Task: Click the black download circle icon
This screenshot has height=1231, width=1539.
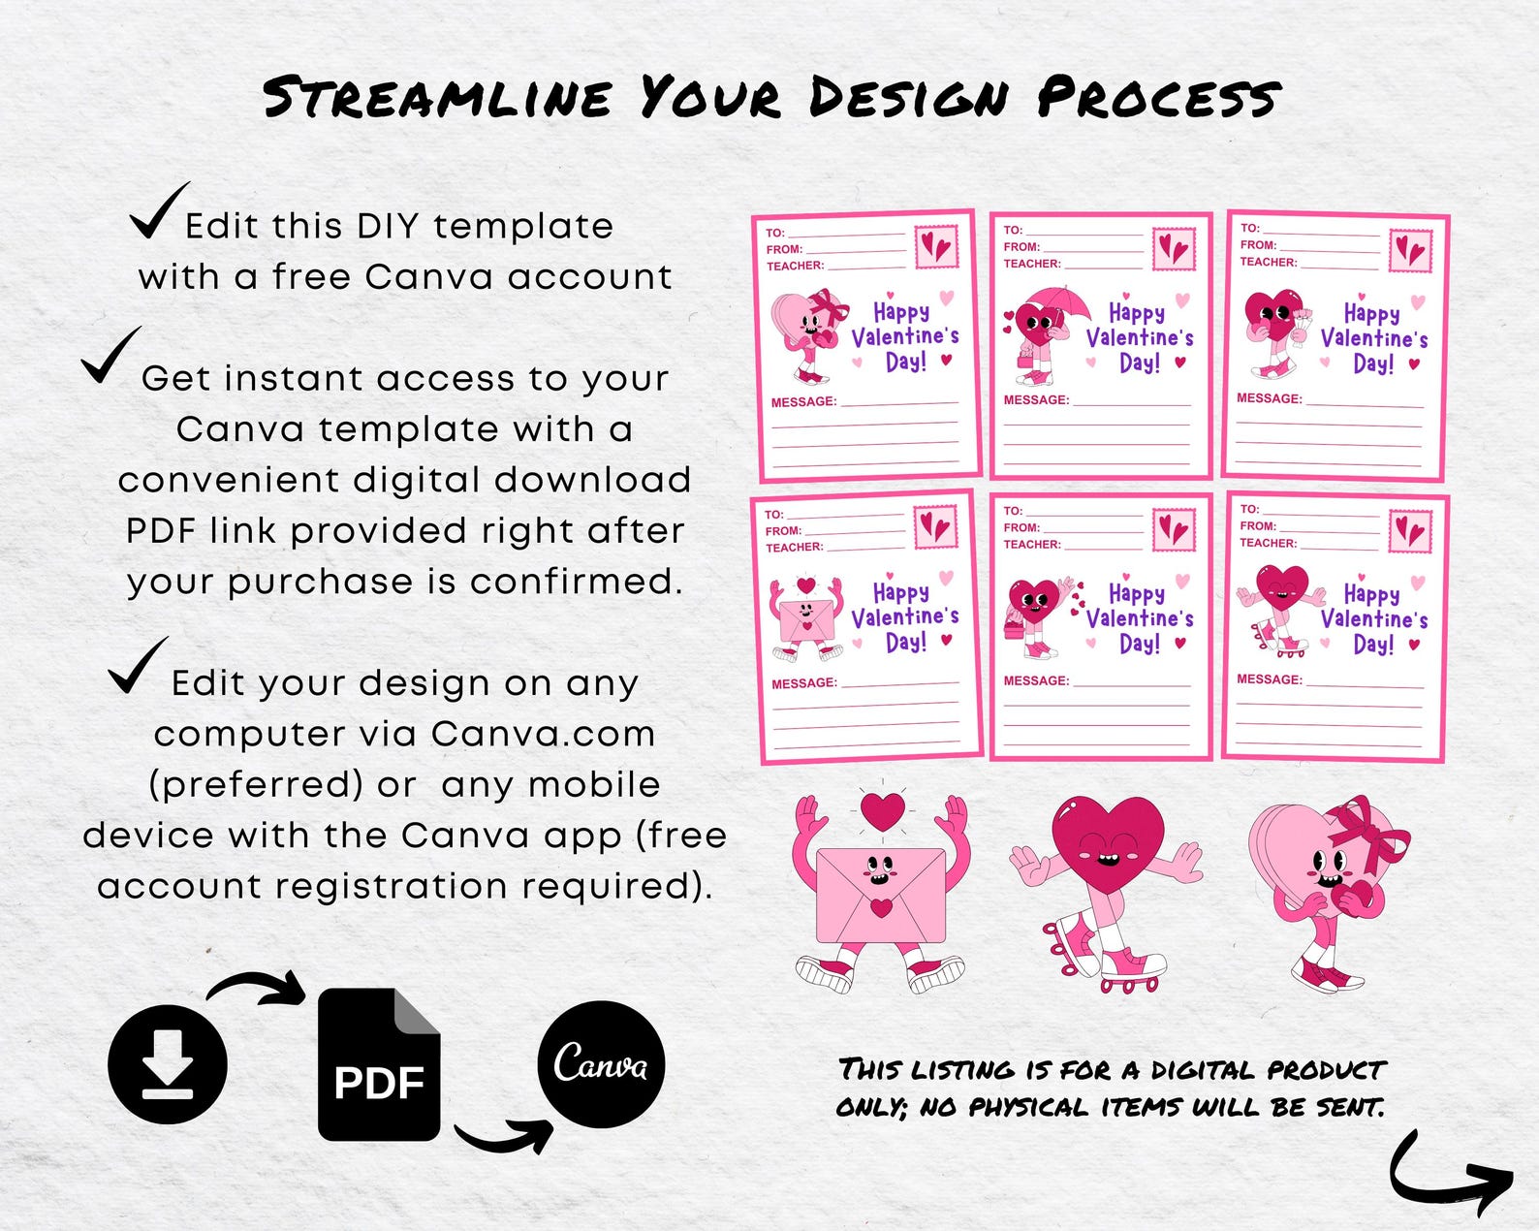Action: coord(168,1063)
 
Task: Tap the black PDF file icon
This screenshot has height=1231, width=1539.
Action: coord(379,1065)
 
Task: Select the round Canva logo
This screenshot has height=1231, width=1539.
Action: coord(601,1064)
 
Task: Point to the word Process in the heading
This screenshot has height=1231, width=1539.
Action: coord(1158,98)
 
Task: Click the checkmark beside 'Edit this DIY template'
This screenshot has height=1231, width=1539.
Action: coord(157,211)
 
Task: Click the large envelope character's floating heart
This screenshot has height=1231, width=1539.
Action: coord(882,811)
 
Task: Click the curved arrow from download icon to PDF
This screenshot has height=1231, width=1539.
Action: coord(258,988)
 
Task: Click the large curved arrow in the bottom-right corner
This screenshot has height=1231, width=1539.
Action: coord(1449,1175)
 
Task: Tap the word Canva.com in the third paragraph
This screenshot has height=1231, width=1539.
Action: coord(543,734)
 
